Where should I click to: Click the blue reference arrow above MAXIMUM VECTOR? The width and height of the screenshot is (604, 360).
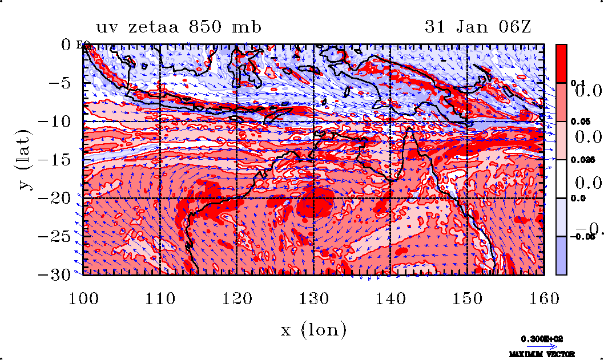pyautogui.click(x=542, y=346)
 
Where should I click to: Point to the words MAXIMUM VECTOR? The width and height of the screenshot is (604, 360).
pyautogui.click(x=542, y=354)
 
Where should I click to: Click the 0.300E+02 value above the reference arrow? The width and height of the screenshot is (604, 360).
pyautogui.click(x=542, y=338)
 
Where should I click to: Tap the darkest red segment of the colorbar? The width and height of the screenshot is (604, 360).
pyautogui.click(x=562, y=63)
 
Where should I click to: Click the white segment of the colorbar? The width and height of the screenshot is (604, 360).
pyautogui.click(x=562, y=179)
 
